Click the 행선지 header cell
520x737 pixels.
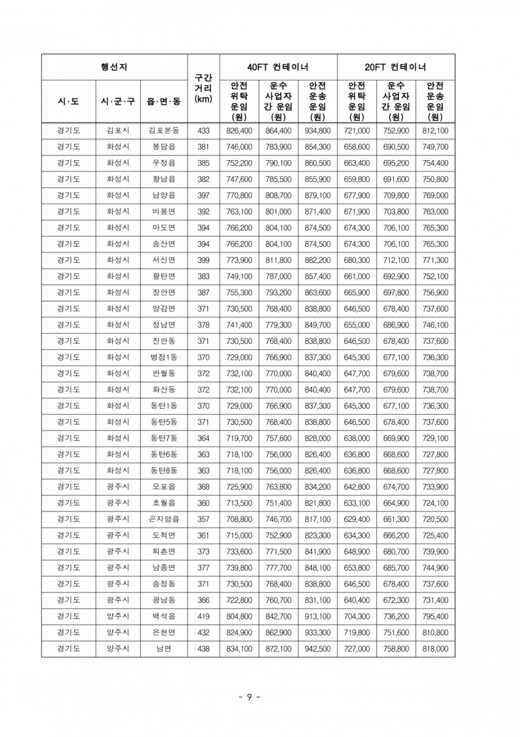click(114, 67)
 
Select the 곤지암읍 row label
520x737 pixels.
click(164, 519)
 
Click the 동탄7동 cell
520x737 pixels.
click(164, 438)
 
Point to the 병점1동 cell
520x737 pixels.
click(164, 357)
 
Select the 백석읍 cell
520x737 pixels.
click(164, 616)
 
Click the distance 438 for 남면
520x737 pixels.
click(204, 649)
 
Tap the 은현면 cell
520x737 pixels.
click(164, 632)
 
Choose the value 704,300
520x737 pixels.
click(357, 616)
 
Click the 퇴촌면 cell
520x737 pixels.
click(164, 551)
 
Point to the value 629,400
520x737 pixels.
click(357, 519)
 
